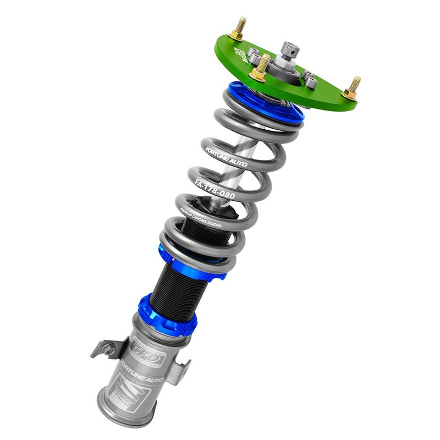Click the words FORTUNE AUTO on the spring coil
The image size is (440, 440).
(226, 157)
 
